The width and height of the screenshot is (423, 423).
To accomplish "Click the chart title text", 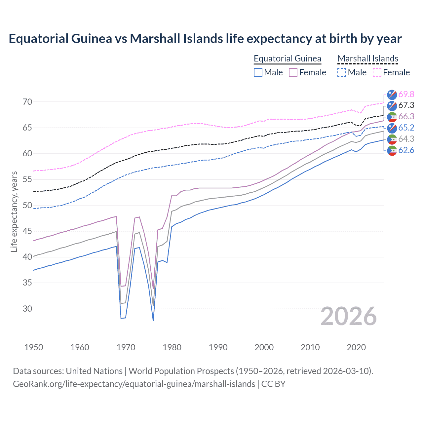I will (205, 39).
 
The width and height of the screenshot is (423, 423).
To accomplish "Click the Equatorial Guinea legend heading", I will (287, 58).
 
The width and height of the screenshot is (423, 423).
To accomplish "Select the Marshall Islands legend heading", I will (368, 58).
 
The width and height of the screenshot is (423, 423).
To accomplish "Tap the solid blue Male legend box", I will (258, 72).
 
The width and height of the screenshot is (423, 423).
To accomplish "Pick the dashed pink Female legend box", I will (377, 72).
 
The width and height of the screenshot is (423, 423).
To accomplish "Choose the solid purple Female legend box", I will (293, 72).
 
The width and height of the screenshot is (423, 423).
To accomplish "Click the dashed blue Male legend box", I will (342, 72).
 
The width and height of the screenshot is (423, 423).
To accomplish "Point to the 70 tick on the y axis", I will (27, 102).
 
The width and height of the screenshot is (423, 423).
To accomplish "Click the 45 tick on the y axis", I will (27, 231).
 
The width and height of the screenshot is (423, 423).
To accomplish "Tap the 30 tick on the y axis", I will (27, 309).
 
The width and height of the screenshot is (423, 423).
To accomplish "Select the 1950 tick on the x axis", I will (34, 347).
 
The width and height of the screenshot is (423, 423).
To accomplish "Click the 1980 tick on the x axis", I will (172, 347).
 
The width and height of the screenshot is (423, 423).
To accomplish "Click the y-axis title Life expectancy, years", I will (14, 211).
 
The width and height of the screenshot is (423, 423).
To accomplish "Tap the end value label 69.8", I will (406, 94).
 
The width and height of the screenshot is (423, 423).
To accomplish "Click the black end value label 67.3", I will (406, 105).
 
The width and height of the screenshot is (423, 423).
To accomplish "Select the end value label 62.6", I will (406, 150).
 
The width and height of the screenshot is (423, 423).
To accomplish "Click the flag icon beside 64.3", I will (392, 139).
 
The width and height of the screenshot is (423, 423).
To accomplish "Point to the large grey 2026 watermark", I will (349, 316).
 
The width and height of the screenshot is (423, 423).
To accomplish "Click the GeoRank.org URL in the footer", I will (134, 384).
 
